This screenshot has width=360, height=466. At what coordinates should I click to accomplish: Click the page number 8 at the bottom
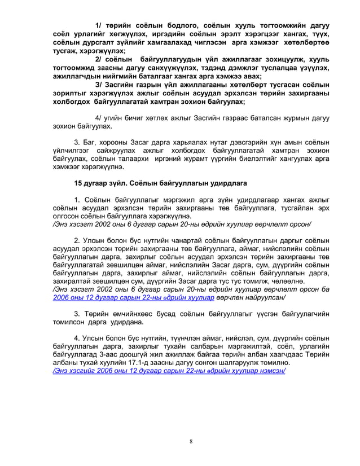(x=191, y=441)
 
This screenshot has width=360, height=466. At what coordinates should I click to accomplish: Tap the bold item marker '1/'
(x=99, y=25)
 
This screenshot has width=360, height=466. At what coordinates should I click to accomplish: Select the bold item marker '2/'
(x=99, y=59)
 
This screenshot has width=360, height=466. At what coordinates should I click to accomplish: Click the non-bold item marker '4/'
(x=99, y=118)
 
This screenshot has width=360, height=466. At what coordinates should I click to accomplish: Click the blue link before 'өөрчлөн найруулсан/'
(x=133, y=298)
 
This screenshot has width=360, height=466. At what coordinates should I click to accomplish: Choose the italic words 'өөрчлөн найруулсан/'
(x=251, y=298)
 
